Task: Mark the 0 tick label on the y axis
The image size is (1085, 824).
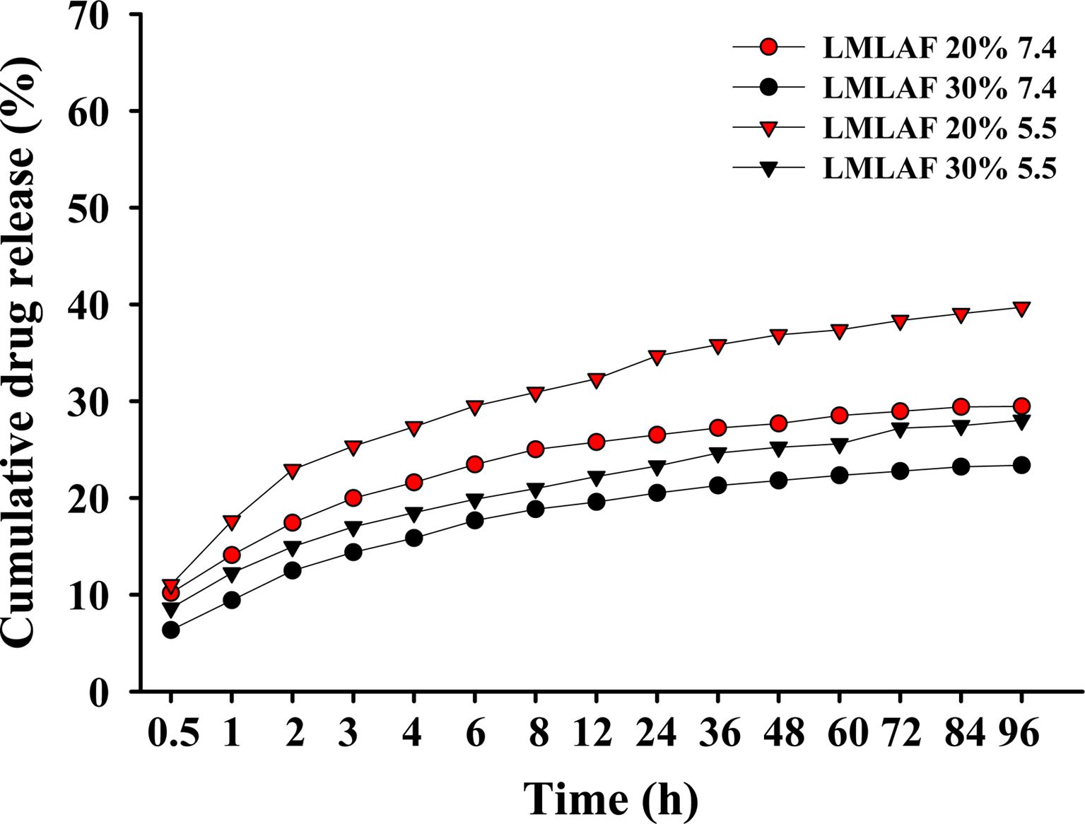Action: (x=99, y=692)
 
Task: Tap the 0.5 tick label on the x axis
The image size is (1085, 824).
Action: (x=172, y=733)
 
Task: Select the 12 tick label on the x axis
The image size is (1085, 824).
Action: (x=592, y=733)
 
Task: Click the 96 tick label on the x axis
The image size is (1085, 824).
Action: (x=1019, y=733)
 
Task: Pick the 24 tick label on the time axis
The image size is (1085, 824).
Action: (x=656, y=733)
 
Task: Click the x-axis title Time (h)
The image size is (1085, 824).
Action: (x=611, y=799)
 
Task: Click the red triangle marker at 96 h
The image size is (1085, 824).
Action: (x=1021, y=308)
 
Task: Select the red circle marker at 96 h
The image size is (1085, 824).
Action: (x=1021, y=406)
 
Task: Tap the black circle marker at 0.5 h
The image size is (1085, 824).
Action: (x=171, y=630)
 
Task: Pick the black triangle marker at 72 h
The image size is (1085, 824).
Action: (x=900, y=428)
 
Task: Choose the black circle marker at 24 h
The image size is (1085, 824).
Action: (x=657, y=493)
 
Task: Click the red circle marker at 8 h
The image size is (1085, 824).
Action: (x=535, y=449)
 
